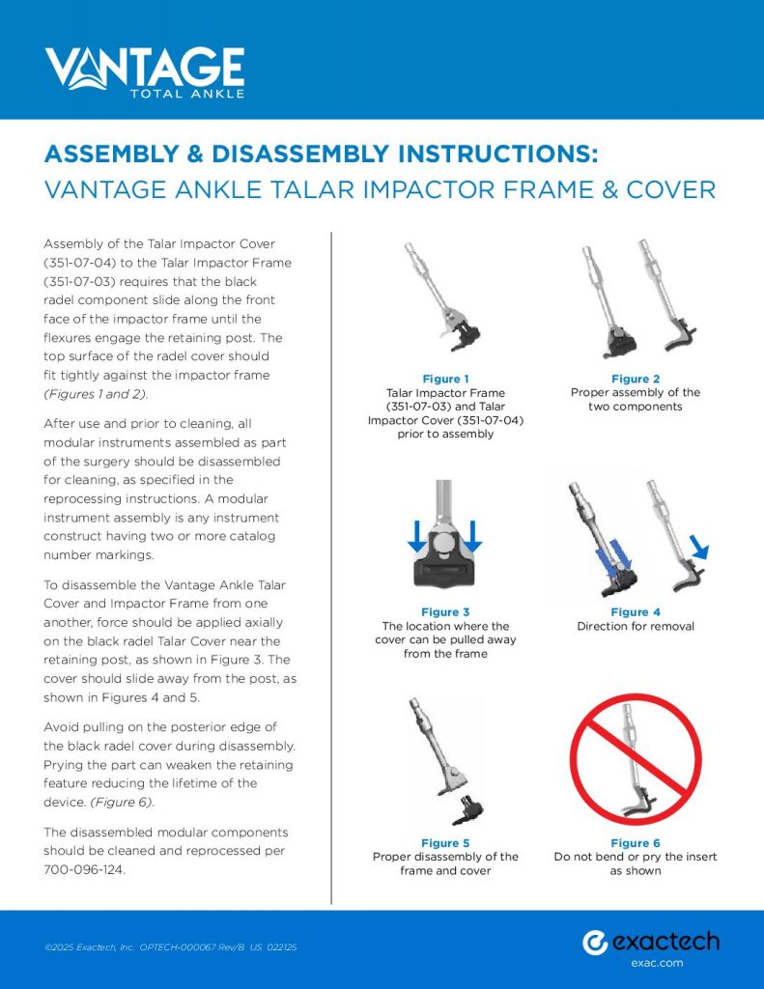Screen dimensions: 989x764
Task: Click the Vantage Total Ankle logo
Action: coord(145,72)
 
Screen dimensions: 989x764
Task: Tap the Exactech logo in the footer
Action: coord(650,942)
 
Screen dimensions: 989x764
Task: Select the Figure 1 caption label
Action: coord(445,379)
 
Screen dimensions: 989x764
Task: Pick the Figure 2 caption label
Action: coord(635,379)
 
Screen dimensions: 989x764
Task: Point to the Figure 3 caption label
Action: coord(445,612)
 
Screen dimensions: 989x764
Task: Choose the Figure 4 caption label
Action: coord(635,612)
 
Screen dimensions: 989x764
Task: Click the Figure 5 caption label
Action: coord(445,843)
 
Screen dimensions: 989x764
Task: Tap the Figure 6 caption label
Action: coord(635,843)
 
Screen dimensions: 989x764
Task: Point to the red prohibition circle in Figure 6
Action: coord(635,759)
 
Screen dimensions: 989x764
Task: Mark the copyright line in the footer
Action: coord(170,947)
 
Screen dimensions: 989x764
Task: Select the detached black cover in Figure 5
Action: coord(470,806)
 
